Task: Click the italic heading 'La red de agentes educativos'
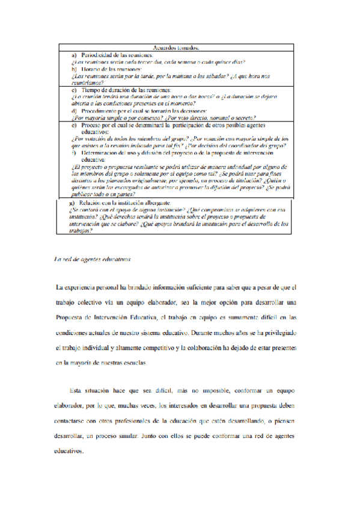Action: click(92, 259)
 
